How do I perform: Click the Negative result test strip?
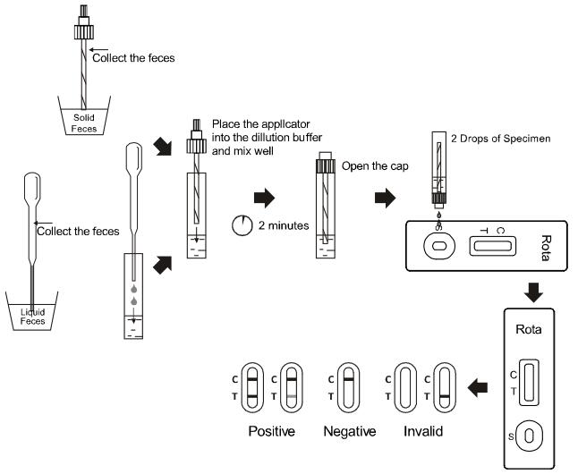[x=345, y=385]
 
